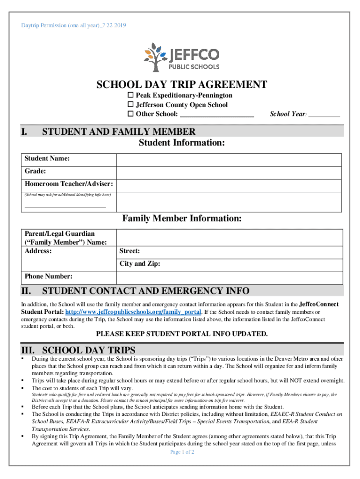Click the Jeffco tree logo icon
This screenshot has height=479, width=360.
click(x=155, y=57)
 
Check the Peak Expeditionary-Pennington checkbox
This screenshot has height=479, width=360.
click(x=131, y=95)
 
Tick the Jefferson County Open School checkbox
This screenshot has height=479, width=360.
click(x=131, y=105)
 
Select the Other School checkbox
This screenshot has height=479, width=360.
click(x=131, y=114)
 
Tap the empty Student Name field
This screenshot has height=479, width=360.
click(x=230, y=160)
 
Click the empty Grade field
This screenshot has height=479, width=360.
click(x=230, y=172)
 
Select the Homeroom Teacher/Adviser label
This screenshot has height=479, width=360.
click(x=68, y=184)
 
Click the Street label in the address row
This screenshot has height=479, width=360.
click(x=130, y=251)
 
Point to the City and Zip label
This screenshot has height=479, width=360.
click(x=140, y=264)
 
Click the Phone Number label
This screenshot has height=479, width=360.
click(x=49, y=276)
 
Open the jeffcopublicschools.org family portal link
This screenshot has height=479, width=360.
click(x=133, y=312)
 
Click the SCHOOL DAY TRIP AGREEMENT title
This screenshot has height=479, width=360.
click(x=181, y=85)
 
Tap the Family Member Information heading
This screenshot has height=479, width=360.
click(x=182, y=218)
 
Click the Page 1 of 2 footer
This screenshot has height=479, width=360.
click(x=182, y=452)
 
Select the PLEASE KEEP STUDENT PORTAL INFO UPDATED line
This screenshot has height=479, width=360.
click(x=182, y=334)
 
